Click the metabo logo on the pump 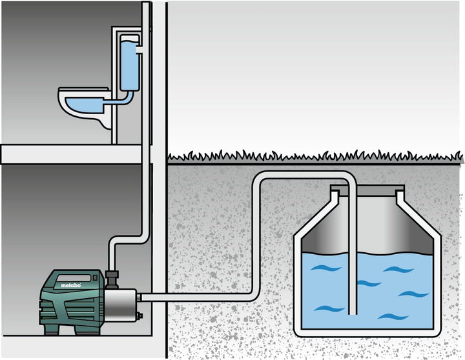[70, 285]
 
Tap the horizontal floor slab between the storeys [71, 154]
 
